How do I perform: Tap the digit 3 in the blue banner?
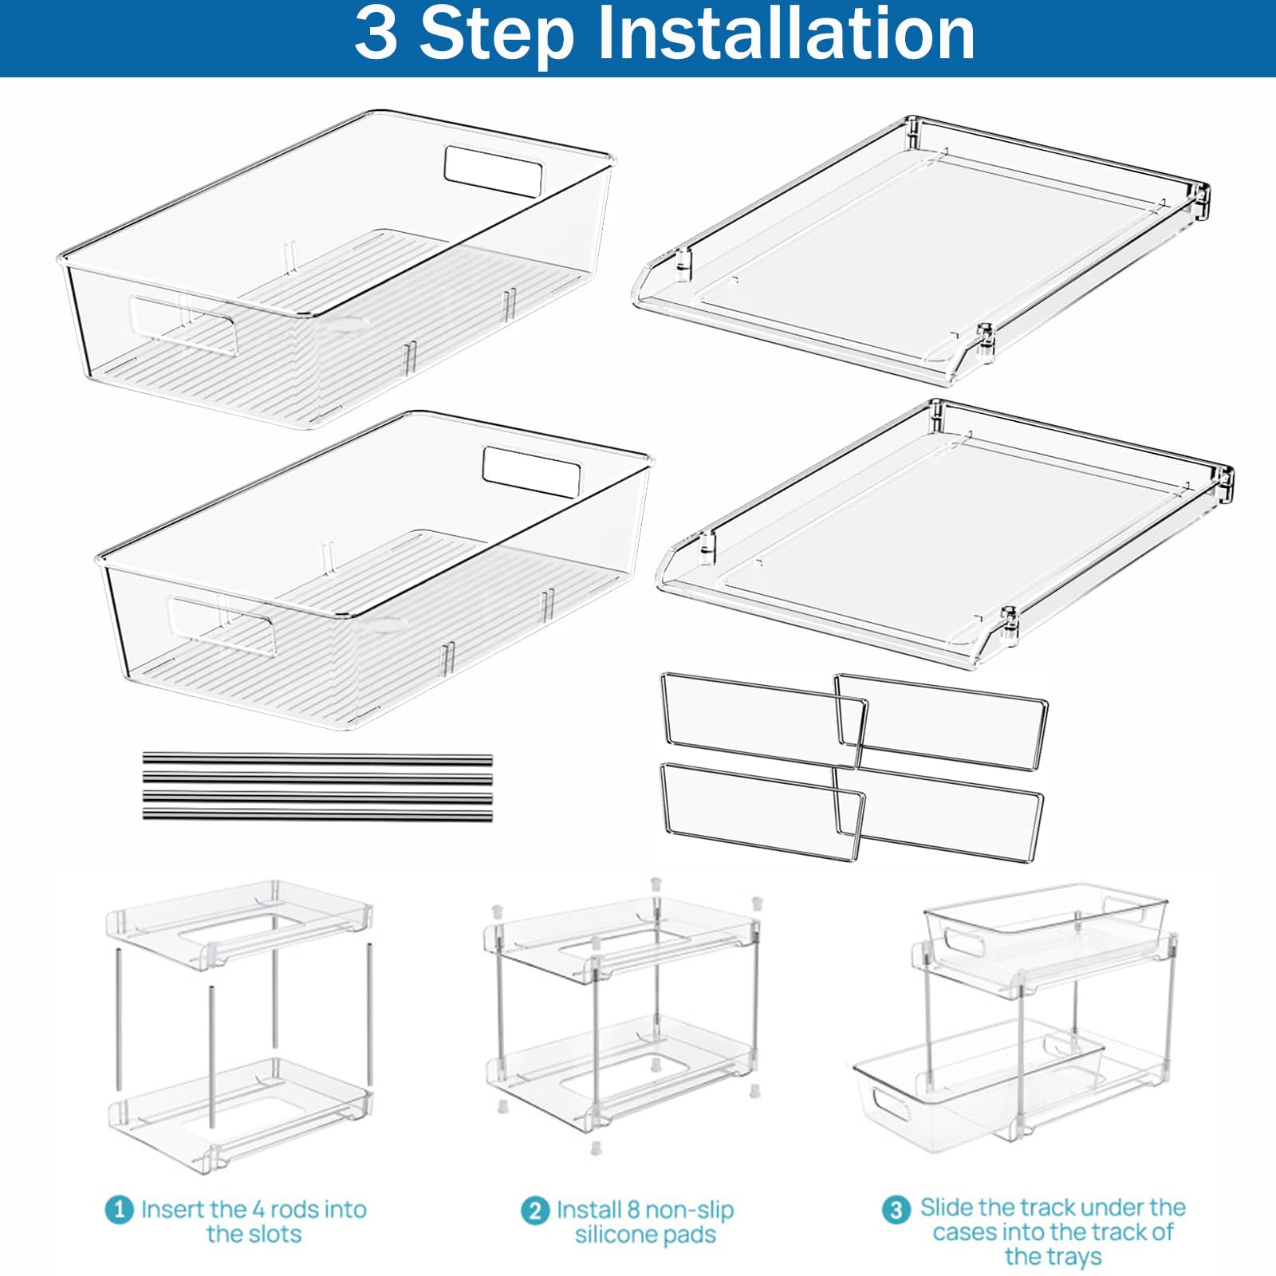tap(376, 33)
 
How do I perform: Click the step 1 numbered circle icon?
tap(119, 1210)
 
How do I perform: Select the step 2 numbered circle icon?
tap(535, 1211)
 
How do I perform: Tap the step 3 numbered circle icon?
tap(896, 1209)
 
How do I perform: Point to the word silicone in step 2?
tap(613, 1235)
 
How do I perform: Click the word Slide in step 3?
tap(947, 1207)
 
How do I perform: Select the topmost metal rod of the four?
tap(317, 759)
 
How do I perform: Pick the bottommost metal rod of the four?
tap(317, 815)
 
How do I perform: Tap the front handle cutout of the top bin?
tap(185, 325)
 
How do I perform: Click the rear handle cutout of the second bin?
tap(532, 471)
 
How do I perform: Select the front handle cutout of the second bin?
tap(222, 624)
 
